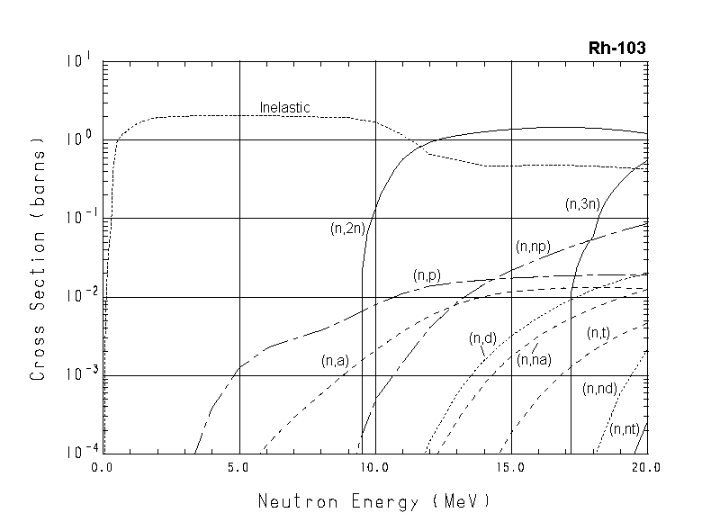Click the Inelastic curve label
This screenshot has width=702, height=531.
(x=284, y=108)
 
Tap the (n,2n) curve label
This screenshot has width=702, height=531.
(x=346, y=229)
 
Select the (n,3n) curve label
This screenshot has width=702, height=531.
(x=581, y=204)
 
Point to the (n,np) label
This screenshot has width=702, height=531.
(x=532, y=247)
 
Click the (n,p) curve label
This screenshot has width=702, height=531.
(x=426, y=275)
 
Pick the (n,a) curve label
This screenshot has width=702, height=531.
(x=334, y=361)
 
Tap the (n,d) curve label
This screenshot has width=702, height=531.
(x=482, y=338)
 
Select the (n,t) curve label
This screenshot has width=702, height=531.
(x=598, y=334)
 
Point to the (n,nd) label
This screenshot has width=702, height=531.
(x=599, y=389)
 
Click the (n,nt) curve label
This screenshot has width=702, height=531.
(x=624, y=430)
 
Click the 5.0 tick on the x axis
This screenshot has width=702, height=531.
(x=239, y=469)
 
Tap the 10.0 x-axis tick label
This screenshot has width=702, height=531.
(x=373, y=469)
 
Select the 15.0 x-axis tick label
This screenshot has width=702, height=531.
(x=510, y=469)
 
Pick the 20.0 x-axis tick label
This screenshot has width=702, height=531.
(x=645, y=469)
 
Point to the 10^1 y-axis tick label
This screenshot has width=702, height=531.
(x=78, y=61)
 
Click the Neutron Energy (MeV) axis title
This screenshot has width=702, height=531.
(x=374, y=500)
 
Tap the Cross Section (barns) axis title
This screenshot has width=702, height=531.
(x=39, y=259)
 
